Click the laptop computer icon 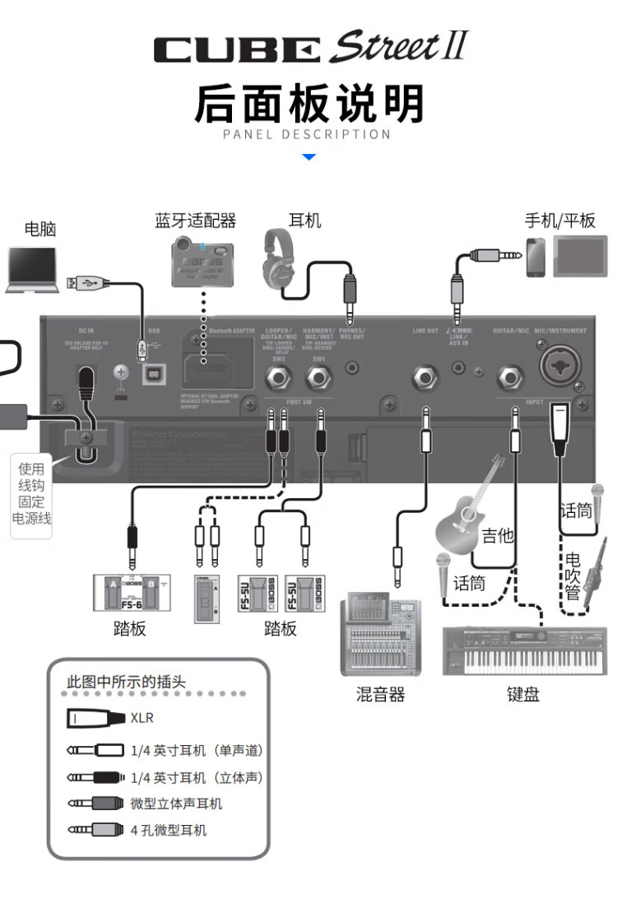(x=31, y=269)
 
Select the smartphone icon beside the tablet (x=536, y=256)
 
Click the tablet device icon (x=579, y=256)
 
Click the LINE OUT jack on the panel (x=425, y=379)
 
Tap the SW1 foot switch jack (x=318, y=379)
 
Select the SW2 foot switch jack (x=278, y=379)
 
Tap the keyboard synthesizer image (x=524, y=650)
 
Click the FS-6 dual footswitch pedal (x=130, y=592)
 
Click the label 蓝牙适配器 (x=195, y=221)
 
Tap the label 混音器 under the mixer (x=380, y=695)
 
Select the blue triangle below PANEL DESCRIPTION (x=308, y=156)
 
